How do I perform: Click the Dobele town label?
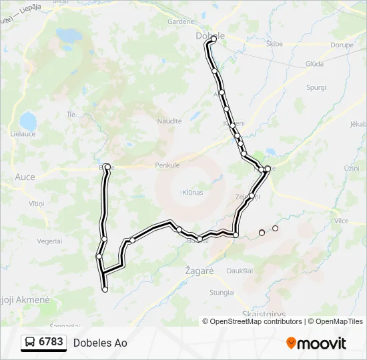click(x=210, y=35)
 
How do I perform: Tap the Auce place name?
click(x=25, y=177)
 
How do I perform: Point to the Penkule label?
click(x=167, y=165)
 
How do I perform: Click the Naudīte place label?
click(x=169, y=121)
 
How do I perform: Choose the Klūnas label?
click(x=192, y=192)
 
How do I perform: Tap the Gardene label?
click(x=180, y=21)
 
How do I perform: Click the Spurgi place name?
click(x=316, y=87)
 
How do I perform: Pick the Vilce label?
click(x=342, y=220)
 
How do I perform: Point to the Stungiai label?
click(x=222, y=292)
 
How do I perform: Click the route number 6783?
click(x=51, y=343)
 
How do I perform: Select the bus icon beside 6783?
click(x=30, y=343)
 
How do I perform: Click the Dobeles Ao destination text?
click(x=100, y=343)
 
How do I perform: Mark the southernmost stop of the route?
click(x=105, y=289)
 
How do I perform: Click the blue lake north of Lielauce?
click(x=28, y=121)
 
